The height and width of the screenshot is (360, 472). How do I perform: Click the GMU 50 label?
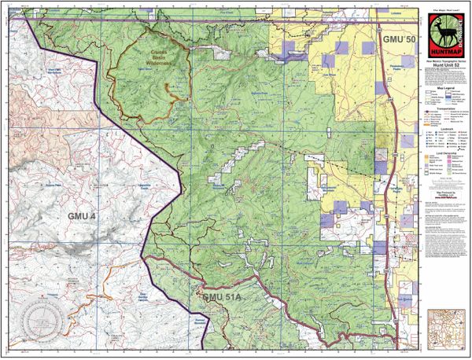(393, 39)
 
